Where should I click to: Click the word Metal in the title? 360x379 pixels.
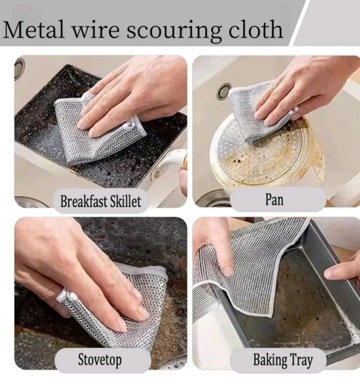pyautogui.click(x=33, y=29)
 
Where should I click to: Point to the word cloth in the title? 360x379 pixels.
pyautogui.click(x=256, y=29)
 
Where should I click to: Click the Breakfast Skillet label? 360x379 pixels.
pyautogui.click(x=100, y=201)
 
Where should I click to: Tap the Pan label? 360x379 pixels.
pyautogui.click(x=274, y=200)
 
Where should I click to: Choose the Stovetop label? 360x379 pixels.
pyautogui.click(x=100, y=360)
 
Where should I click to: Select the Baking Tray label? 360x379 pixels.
pyautogui.click(x=283, y=360)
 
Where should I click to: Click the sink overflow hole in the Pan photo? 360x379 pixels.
pyautogui.click(x=224, y=90)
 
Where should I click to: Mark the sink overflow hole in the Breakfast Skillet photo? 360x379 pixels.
pyautogui.click(x=19, y=68)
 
